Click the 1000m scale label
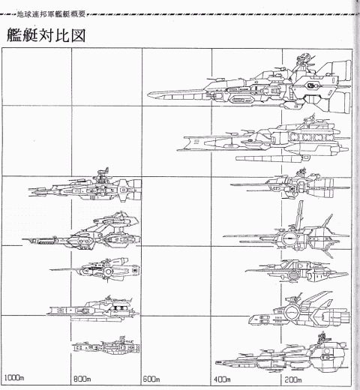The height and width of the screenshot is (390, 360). [x=14, y=377]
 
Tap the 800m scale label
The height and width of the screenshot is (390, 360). [x=82, y=379]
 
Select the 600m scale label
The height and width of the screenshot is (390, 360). [x=151, y=379]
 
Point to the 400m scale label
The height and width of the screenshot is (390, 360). [x=222, y=379]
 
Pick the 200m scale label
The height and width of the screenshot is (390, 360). [x=293, y=379]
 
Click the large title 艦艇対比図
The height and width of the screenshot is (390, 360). [x=46, y=35]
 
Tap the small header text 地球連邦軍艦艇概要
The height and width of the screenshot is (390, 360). [x=51, y=14]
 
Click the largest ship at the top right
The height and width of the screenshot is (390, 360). [x=250, y=84]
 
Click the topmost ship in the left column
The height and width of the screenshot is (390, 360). [x=85, y=186]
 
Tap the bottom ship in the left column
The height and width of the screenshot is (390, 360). [x=106, y=346]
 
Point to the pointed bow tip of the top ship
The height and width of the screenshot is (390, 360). [x=148, y=94]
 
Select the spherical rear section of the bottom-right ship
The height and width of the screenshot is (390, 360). [x=328, y=355]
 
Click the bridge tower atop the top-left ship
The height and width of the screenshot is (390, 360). [x=101, y=175]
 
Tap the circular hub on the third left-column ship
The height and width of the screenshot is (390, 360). [x=109, y=271]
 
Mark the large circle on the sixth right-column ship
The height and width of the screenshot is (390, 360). [x=291, y=312]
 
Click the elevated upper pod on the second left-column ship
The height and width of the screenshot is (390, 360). [x=116, y=220]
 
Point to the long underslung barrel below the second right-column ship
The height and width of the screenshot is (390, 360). [x=272, y=158]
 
